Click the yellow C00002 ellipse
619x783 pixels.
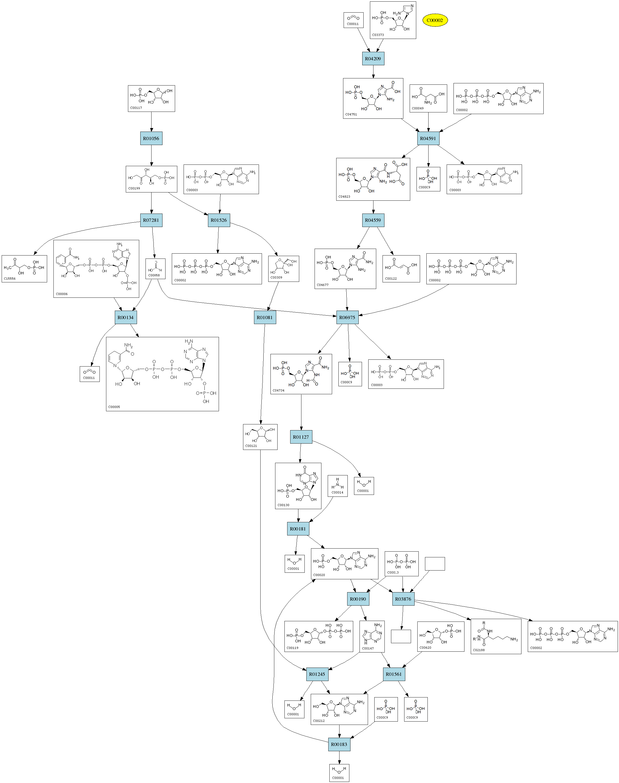click(435, 20)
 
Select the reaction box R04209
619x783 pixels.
click(373, 59)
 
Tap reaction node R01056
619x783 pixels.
click(151, 138)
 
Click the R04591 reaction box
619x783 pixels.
click(428, 138)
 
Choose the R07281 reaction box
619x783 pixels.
click(151, 220)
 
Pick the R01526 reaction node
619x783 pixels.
click(219, 220)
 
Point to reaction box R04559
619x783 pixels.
click(373, 220)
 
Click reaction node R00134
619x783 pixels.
click(125, 317)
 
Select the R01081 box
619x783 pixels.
click(264, 317)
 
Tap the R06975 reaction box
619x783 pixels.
click(347, 317)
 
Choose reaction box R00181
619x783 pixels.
click(298, 529)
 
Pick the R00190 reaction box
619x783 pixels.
click(358, 599)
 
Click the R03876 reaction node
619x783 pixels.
click(403, 599)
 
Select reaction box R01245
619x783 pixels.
click(317, 674)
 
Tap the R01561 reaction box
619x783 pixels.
click(393, 674)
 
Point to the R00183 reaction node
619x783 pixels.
click(339, 744)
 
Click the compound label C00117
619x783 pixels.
click(136, 108)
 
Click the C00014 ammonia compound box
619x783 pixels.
click(337, 486)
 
